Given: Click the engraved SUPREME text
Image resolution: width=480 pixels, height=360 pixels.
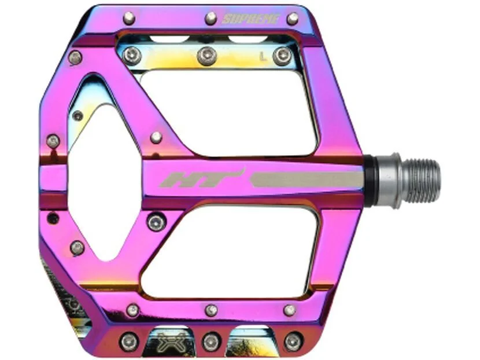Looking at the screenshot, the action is point(250,19).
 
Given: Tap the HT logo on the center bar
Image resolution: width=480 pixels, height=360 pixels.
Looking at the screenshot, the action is point(202,178).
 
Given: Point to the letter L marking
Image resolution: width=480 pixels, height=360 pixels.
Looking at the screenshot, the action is point(262,56).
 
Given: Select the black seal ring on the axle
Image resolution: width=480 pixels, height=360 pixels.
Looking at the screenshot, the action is point(371,179).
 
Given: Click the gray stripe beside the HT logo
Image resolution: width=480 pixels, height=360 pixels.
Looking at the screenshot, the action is point(307,179).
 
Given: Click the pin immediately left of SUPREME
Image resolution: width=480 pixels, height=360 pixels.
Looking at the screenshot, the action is point(211,19).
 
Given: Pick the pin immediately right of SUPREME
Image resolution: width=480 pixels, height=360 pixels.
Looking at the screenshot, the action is point(293,19).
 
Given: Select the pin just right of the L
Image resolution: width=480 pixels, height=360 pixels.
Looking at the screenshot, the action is point(283,56).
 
